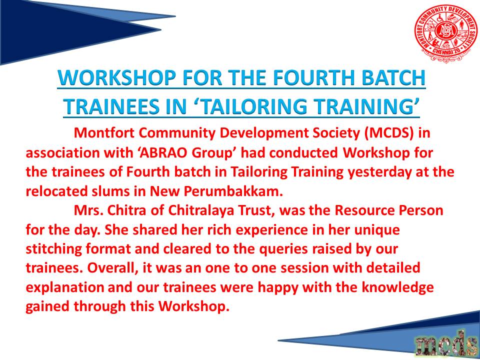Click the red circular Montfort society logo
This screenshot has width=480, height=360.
coord(445,33)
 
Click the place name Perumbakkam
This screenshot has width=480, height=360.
coord(232,192)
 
